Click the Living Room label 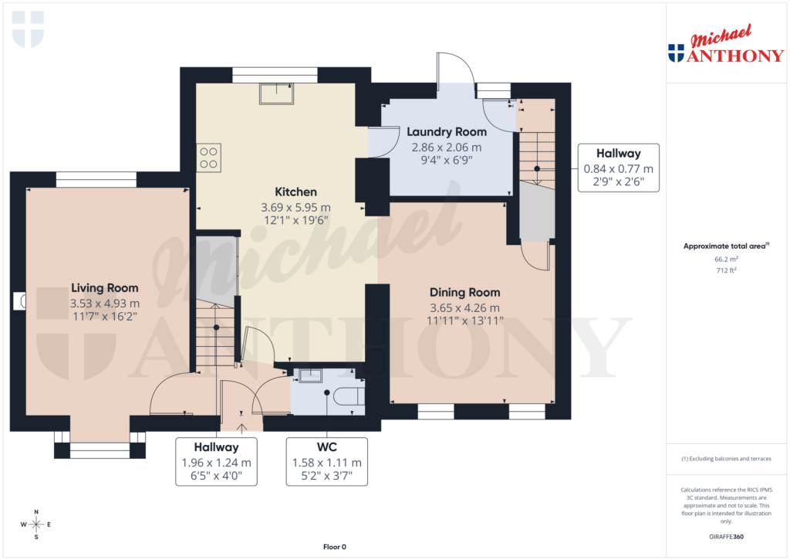point(105,288)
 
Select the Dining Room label point(464,292)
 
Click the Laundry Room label point(447,132)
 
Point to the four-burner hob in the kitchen point(209,158)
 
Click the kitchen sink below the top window point(277,92)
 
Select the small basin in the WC point(310,376)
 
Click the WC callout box point(326,461)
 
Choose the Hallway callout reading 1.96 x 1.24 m point(216,461)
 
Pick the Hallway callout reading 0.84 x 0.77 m point(618,168)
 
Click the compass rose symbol point(36,524)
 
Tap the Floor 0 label point(334,547)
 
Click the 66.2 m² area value point(726,260)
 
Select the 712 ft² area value point(726,270)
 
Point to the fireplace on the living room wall point(19,301)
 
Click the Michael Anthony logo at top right point(726,45)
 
